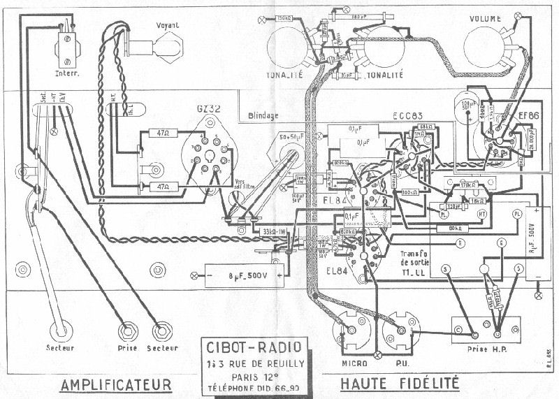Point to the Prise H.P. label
[x=483, y=347]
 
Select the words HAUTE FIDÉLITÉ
[x=398, y=384]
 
